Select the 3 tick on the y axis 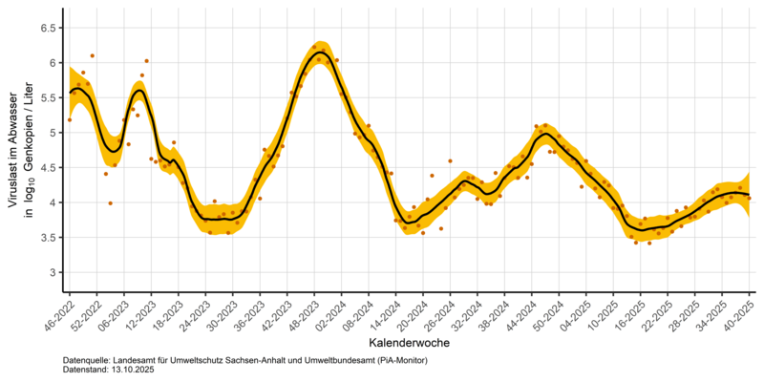(51, 272)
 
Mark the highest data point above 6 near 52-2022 (92, 55)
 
